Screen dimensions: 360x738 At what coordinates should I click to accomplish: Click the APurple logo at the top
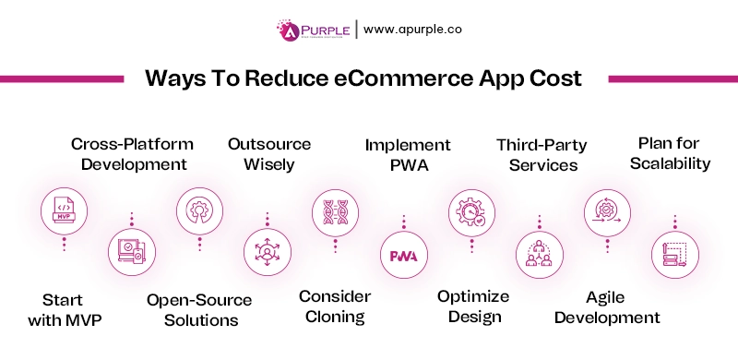point(311,29)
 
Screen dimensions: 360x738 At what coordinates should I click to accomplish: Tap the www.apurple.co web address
point(412,29)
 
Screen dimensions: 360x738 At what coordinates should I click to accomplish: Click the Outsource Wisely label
point(268,154)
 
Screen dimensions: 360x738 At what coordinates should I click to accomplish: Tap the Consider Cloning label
point(335,306)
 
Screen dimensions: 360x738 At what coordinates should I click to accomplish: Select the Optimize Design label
point(472,306)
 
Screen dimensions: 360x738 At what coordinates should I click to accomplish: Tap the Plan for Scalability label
point(674,153)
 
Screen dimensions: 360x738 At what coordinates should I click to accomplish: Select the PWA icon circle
point(403,255)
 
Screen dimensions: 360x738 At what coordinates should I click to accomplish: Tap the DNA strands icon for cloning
point(334,210)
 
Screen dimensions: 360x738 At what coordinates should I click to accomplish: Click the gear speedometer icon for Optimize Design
point(470,210)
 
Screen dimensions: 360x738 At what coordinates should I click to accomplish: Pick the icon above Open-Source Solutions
point(198,210)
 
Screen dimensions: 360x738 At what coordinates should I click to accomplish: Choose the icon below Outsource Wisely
point(267,251)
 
